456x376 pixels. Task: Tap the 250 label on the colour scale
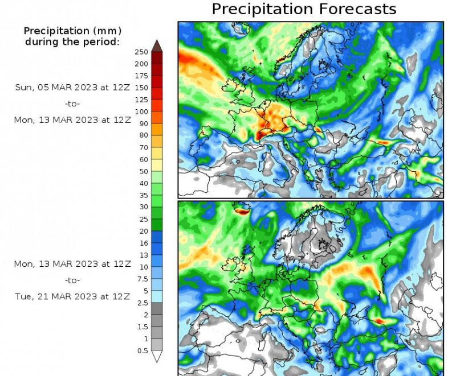click(x=141, y=52)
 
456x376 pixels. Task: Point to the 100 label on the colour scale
click(x=141, y=111)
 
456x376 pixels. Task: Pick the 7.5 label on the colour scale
click(x=142, y=279)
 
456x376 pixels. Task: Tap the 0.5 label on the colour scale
click(x=142, y=350)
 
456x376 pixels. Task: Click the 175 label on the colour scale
click(x=141, y=76)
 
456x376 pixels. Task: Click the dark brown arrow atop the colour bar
click(x=157, y=46)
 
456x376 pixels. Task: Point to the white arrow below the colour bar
click(x=157, y=357)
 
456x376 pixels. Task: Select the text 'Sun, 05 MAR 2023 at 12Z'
click(x=72, y=88)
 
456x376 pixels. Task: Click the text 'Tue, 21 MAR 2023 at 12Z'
click(x=72, y=296)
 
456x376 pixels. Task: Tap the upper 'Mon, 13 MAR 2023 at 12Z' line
click(x=72, y=120)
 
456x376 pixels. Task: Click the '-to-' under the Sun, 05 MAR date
click(x=72, y=104)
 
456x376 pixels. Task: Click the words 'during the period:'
click(x=72, y=42)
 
